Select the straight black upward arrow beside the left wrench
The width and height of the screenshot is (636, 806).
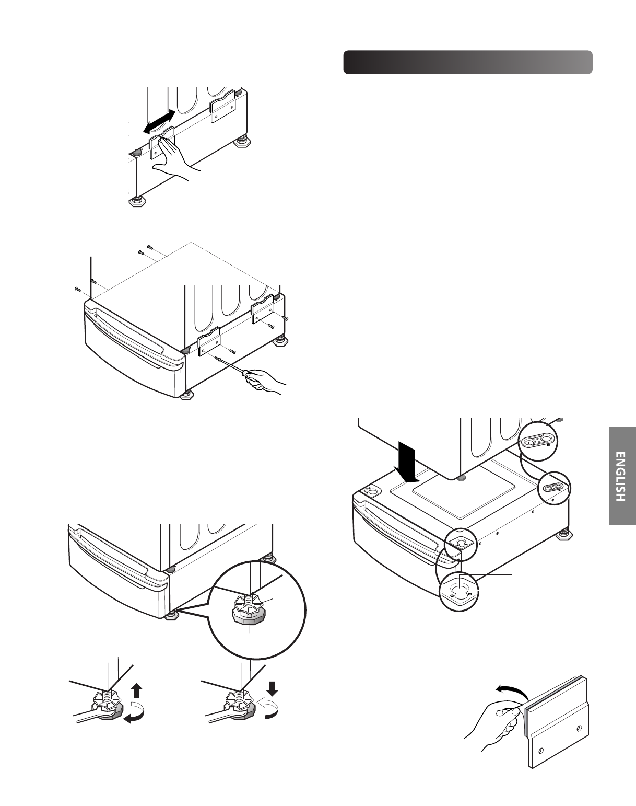point(136,692)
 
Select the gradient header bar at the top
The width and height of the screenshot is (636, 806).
point(467,63)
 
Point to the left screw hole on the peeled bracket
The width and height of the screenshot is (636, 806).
point(540,751)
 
